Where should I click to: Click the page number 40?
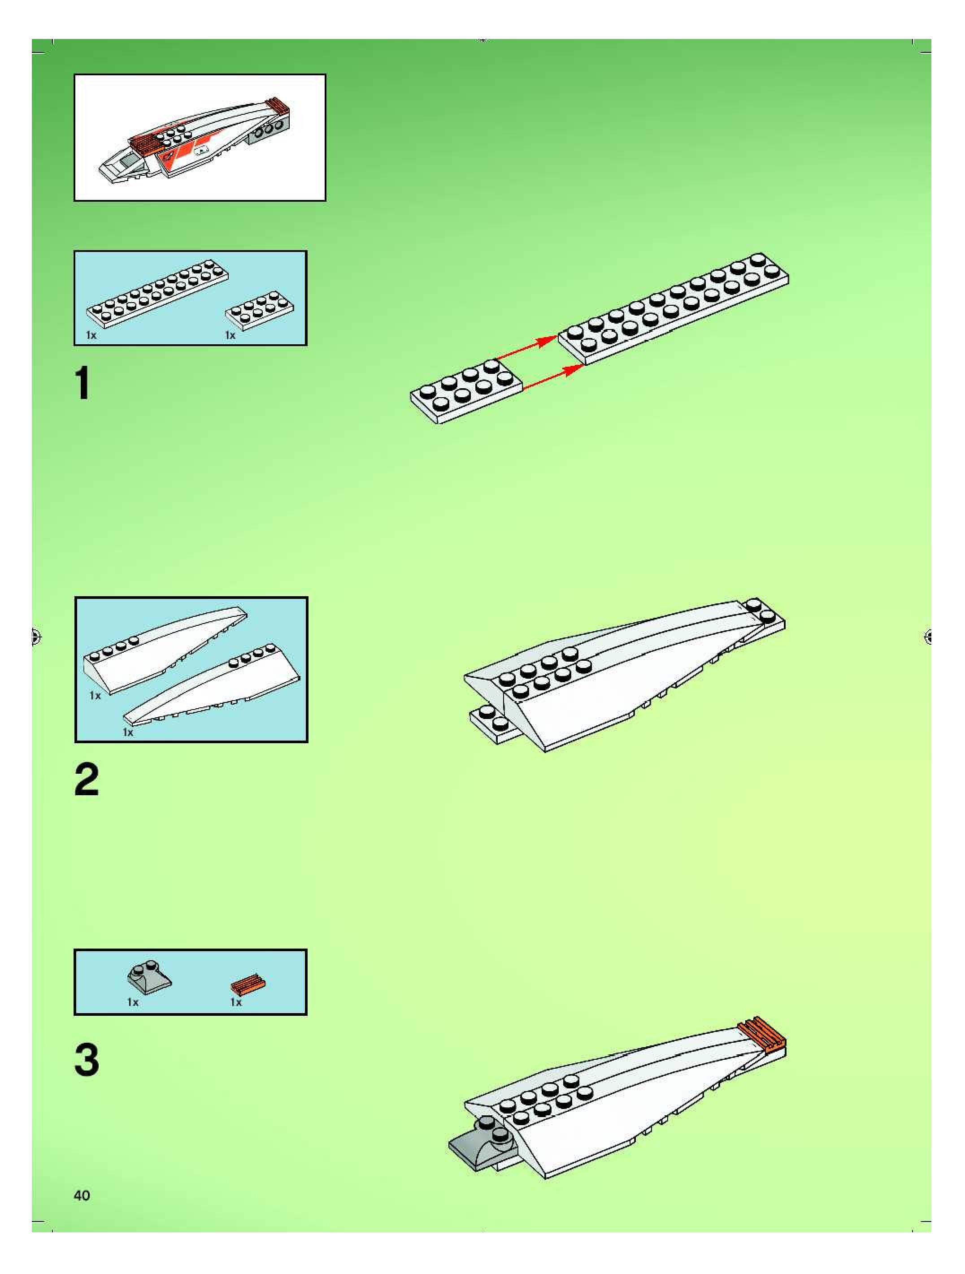click(82, 1195)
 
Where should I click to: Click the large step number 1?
click(83, 384)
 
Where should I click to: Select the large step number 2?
click(87, 780)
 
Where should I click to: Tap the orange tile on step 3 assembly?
click(761, 1033)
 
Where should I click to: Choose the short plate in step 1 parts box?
click(260, 312)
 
